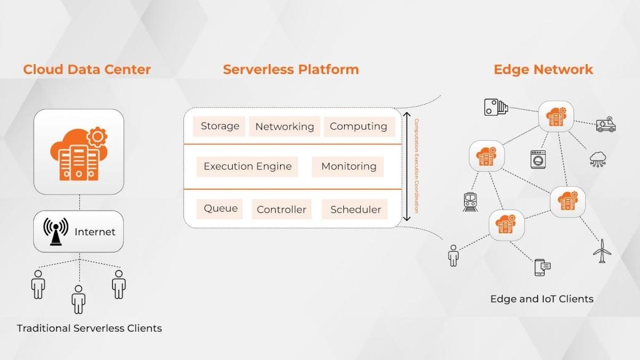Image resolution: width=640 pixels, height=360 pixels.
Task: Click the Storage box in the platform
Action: click(220, 126)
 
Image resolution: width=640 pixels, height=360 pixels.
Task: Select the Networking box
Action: click(284, 127)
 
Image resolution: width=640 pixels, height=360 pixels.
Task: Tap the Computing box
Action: click(358, 126)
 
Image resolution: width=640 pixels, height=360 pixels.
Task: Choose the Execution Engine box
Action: click(247, 166)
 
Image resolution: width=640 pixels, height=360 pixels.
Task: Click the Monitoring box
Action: click(348, 166)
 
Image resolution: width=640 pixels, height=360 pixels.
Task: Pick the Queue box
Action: click(220, 209)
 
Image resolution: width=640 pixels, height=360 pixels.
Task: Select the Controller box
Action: click(281, 209)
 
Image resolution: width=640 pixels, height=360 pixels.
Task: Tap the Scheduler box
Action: click(356, 209)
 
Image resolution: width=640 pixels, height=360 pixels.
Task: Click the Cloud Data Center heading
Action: click(87, 70)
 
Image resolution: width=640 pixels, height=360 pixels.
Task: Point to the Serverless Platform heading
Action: click(290, 70)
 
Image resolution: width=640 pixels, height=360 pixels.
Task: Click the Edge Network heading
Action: click(543, 70)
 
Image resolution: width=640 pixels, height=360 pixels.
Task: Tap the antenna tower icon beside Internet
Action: click(56, 231)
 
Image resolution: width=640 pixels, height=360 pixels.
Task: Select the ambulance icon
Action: click(606, 125)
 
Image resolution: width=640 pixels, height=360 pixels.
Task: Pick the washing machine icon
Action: click(538, 159)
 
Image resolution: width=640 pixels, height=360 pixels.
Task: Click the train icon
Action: click(471, 202)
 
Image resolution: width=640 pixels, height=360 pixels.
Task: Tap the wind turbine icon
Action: click(602, 251)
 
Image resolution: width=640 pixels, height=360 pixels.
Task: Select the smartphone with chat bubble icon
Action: click(542, 267)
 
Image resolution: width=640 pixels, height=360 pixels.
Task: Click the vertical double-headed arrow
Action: click(406, 166)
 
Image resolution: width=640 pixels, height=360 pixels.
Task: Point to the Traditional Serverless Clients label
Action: click(89, 328)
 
